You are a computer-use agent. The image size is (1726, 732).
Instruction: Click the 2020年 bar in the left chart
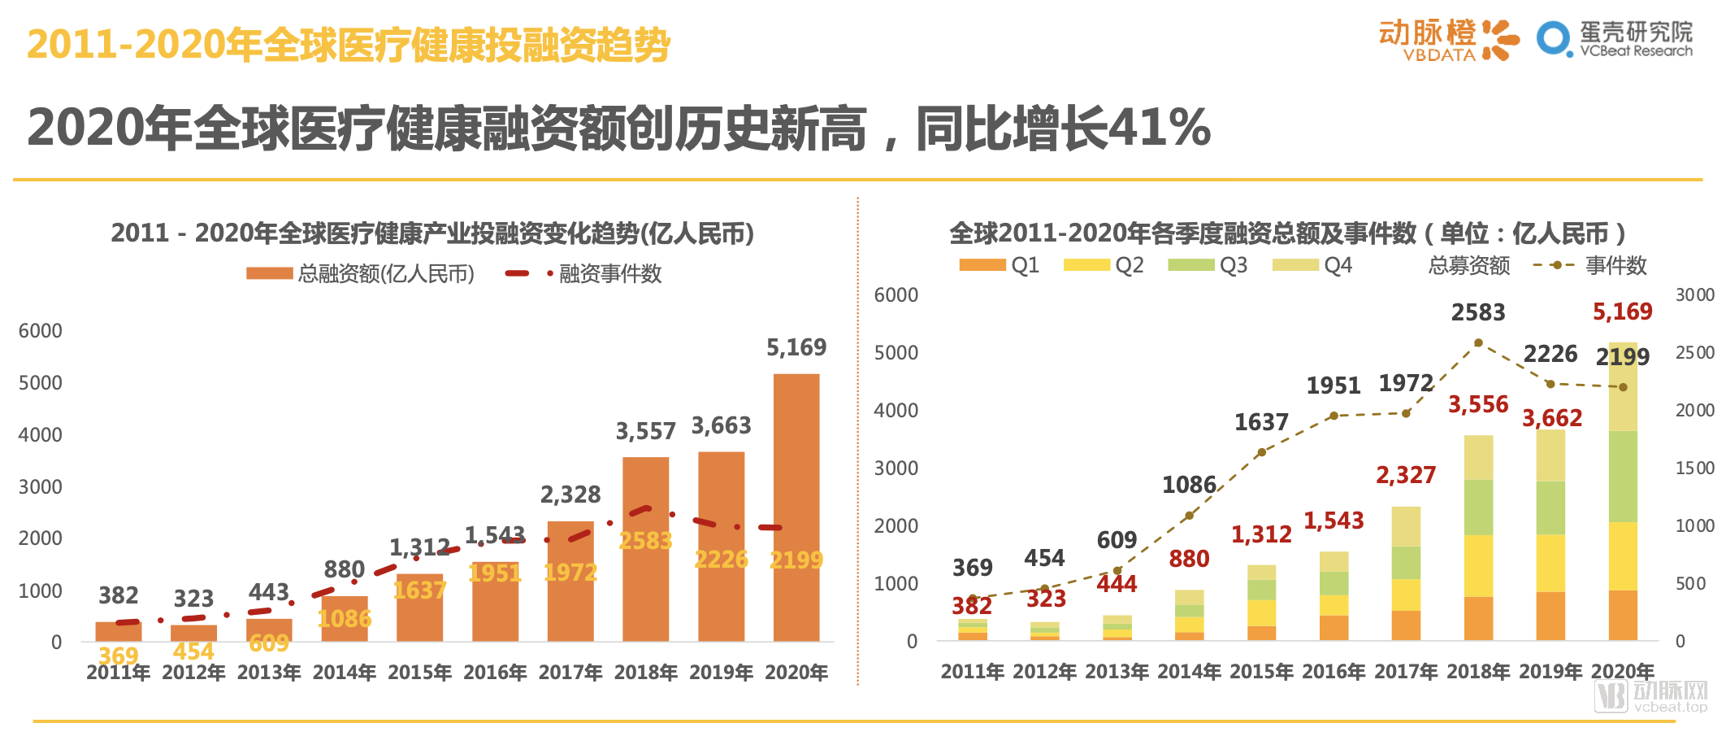(x=796, y=508)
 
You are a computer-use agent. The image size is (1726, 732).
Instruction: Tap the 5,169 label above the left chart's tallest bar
(x=796, y=348)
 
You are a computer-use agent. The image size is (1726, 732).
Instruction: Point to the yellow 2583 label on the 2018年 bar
(x=645, y=541)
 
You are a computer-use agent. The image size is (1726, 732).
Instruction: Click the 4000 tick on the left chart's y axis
(x=41, y=435)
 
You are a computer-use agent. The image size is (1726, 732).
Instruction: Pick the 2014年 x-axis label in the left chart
(x=344, y=673)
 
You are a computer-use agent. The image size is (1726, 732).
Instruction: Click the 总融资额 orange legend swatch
(x=269, y=274)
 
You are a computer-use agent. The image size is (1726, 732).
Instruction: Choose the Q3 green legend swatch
(x=1190, y=265)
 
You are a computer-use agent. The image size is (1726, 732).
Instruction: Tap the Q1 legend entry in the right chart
(x=999, y=265)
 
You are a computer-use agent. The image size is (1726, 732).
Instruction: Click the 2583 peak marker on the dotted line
(x=1478, y=342)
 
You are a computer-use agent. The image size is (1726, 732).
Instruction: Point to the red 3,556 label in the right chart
(x=1477, y=404)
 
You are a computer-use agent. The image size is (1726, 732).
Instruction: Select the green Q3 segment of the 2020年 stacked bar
(x=1623, y=477)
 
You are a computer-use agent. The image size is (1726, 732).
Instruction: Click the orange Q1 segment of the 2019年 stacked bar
(x=1550, y=616)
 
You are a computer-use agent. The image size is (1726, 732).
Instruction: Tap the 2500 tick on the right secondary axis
(x=1694, y=353)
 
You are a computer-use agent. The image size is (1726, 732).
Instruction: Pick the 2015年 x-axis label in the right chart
(x=1261, y=672)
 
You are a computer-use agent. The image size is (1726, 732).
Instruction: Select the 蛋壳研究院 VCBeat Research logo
(x=1615, y=39)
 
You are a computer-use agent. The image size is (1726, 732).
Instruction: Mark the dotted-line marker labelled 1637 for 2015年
(x=1261, y=452)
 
